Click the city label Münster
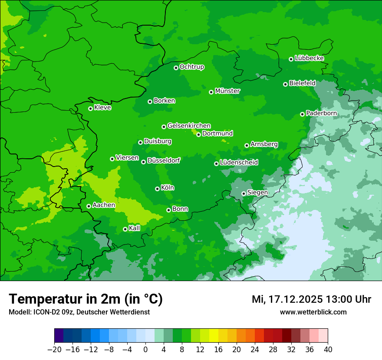tap(227, 91)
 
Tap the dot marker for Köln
tap(157, 189)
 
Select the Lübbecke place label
tap(309, 58)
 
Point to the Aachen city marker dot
tap(89, 206)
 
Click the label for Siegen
tap(257, 193)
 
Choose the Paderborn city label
tap(321, 113)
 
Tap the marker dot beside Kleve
tap(90, 108)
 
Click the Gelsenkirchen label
tap(189, 126)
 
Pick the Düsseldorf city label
tap(164, 160)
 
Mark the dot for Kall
tap(125, 229)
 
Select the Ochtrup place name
tap(191, 67)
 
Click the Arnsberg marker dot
tap(247, 145)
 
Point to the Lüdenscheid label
tap(239, 163)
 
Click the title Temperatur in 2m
tap(86, 299)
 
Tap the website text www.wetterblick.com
tap(313, 312)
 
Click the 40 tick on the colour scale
tap(328, 350)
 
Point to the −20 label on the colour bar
tap(54, 350)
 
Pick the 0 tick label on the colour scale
tap(145, 350)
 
